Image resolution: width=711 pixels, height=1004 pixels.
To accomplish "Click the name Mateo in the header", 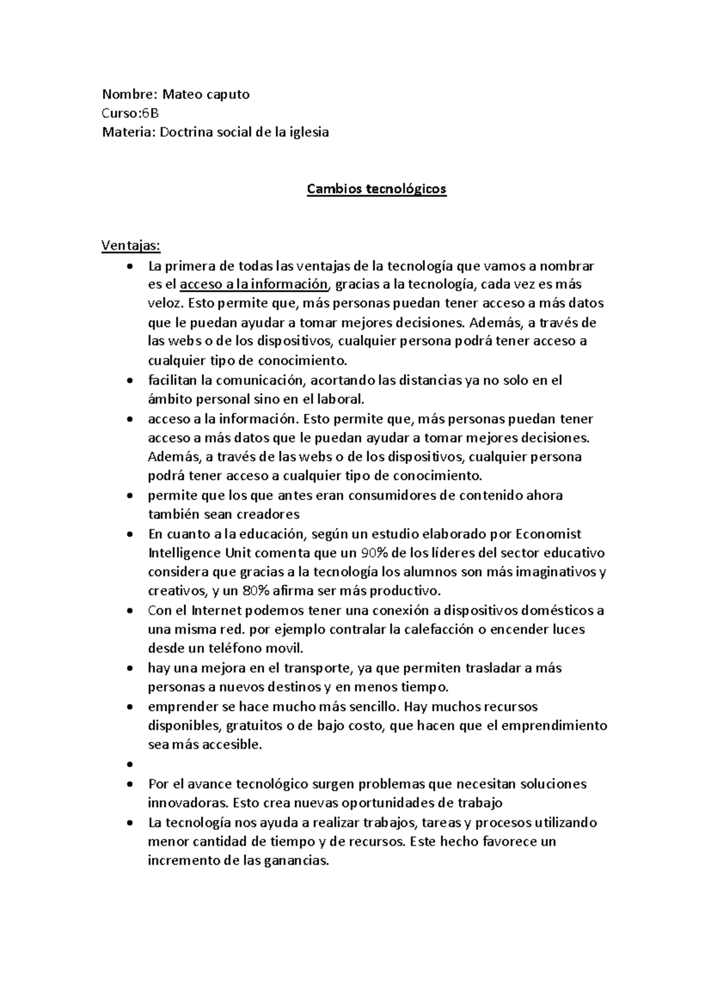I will (179, 94).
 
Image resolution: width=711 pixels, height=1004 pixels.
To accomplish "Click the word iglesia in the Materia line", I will (307, 132).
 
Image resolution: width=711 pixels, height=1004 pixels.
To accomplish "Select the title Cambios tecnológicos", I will (376, 189).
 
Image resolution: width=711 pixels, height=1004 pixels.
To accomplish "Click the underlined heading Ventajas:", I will (131, 245).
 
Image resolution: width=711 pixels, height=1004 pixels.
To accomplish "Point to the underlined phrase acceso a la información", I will (254, 284).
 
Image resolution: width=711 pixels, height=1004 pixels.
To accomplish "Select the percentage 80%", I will (238, 591).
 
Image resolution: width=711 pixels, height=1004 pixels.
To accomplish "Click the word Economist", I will (549, 534).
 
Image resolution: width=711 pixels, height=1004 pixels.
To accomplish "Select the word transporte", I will (318, 668).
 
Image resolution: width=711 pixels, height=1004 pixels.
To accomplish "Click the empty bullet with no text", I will (130, 765).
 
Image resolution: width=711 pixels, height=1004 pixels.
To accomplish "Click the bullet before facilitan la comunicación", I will (130, 381).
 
